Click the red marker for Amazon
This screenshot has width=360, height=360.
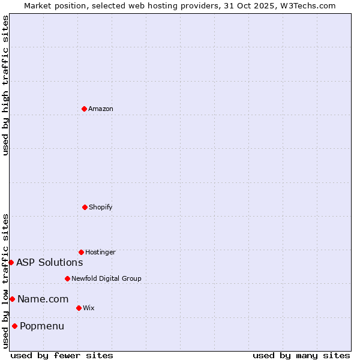click(84, 109)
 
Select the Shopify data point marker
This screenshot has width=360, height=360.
click(85, 207)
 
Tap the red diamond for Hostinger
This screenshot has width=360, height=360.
click(81, 252)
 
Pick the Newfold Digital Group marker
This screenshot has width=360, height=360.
click(67, 278)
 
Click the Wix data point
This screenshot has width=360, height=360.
click(79, 308)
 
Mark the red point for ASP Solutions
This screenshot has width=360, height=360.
click(11, 262)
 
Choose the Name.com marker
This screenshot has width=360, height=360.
click(12, 299)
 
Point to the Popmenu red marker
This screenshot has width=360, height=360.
click(14, 326)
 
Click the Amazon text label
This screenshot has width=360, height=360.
click(101, 109)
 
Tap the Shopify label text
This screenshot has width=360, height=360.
click(101, 208)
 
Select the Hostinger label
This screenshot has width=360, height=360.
click(100, 253)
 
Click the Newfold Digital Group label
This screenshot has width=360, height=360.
click(106, 279)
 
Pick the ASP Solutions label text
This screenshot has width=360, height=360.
click(49, 262)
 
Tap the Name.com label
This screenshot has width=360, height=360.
click(43, 299)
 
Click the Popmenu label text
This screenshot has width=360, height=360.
click(42, 326)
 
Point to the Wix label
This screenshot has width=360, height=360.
click(89, 308)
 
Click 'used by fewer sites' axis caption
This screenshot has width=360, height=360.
click(62, 355)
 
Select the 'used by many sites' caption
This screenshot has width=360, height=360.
click(301, 355)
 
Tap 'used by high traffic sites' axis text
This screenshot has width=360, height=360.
click(5, 85)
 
